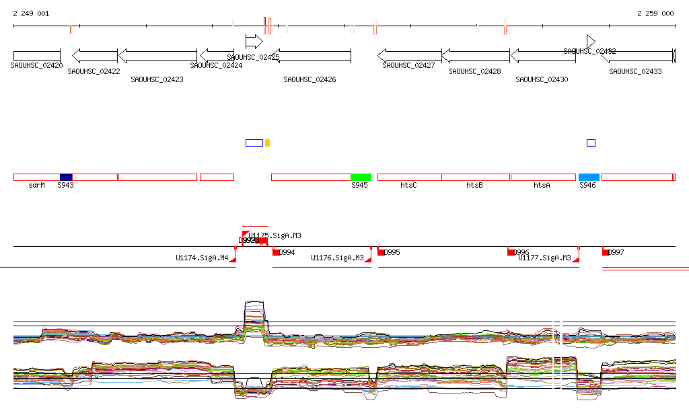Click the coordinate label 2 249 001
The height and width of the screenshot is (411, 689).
31,13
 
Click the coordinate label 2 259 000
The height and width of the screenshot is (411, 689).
655,13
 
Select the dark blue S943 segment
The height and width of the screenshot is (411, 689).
66,177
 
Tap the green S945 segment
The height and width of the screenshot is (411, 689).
361,177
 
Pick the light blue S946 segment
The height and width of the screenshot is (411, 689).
589,177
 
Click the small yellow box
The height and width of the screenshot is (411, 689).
267,143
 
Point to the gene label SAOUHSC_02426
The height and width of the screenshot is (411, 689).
310,79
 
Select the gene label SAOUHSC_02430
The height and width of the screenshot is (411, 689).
542,79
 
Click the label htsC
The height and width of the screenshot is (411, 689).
408,185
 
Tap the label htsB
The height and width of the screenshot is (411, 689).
474,185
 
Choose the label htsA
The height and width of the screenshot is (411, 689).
542,185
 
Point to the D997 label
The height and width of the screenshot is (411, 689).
616,253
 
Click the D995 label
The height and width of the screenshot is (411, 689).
392,253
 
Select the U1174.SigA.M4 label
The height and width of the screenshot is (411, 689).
202,258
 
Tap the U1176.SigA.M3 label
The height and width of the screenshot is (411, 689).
337,258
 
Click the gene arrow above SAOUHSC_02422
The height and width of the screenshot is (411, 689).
94,54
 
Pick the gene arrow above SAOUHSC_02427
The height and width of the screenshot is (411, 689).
409,54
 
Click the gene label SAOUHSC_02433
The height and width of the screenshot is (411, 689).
635,71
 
